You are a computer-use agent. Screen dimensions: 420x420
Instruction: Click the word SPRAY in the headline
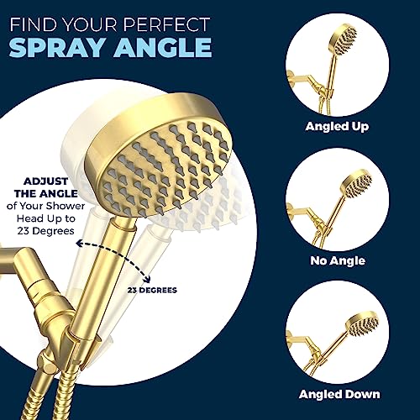(x=58, y=47)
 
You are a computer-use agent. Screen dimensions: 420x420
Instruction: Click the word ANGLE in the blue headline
(x=163, y=47)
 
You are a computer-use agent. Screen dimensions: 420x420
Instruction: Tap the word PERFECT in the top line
(x=166, y=24)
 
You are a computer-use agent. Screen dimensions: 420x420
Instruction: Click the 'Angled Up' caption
(x=337, y=127)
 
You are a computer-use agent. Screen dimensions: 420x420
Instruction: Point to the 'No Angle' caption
(x=338, y=261)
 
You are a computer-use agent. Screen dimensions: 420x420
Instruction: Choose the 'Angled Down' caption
(x=339, y=394)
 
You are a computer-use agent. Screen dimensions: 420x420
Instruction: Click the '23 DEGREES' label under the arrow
(x=152, y=290)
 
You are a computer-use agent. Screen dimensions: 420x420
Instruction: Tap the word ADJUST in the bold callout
(x=45, y=181)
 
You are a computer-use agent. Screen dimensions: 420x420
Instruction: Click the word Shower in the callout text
(x=66, y=206)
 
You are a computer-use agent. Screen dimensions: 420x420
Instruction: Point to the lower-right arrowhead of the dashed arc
(x=148, y=280)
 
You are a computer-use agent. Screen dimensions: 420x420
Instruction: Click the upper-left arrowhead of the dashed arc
(x=80, y=244)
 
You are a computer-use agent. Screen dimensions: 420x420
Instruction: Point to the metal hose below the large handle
(x=69, y=392)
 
